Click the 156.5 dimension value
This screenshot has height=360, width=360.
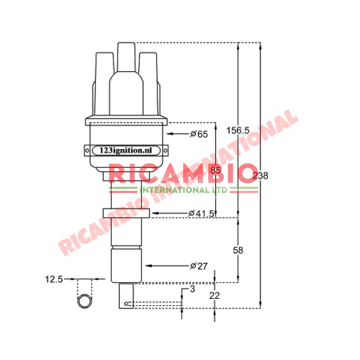click(x=238, y=131)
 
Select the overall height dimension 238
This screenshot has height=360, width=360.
click(x=260, y=176)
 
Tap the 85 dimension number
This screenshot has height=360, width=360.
click(x=215, y=171)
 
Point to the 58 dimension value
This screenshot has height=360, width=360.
click(x=238, y=250)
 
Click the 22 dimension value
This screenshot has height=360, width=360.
click(x=215, y=296)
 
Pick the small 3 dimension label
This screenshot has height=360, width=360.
click(x=192, y=289)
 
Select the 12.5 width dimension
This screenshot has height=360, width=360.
click(x=54, y=279)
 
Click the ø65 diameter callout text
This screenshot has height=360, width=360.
click(x=199, y=134)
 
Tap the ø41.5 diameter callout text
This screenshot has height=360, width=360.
click(x=202, y=213)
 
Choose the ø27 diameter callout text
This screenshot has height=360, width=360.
click(x=199, y=266)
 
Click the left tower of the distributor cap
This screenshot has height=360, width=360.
click(x=102, y=72)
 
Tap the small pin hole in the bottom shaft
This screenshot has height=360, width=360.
click(x=126, y=304)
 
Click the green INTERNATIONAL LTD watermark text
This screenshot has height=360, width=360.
click(x=184, y=190)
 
